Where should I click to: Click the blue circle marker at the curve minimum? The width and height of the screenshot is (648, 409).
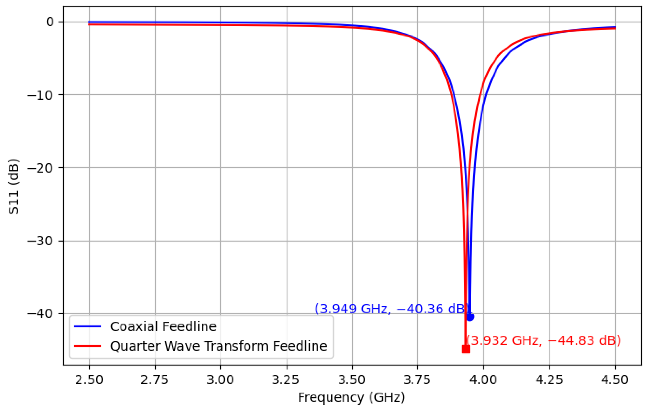(x=470, y=317)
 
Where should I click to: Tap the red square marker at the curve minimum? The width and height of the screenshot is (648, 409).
(x=466, y=349)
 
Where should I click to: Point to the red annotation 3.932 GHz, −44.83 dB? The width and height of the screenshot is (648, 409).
(x=543, y=340)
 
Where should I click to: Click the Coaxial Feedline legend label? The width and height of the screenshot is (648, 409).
(x=163, y=326)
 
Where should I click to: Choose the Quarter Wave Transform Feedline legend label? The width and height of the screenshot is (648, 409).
(x=219, y=346)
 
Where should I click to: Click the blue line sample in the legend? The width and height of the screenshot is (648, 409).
(x=87, y=326)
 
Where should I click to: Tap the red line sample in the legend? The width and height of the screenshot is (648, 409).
(x=87, y=346)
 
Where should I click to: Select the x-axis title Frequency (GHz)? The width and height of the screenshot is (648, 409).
(x=351, y=398)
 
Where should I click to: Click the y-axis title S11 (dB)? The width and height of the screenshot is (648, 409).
(x=13, y=187)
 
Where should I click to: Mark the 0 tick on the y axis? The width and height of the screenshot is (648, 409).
(x=50, y=22)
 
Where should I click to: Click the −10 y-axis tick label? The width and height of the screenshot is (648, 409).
(x=40, y=95)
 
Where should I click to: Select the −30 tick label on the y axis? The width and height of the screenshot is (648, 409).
(x=40, y=241)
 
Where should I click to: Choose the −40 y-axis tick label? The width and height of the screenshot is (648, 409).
(x=40, y=314)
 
